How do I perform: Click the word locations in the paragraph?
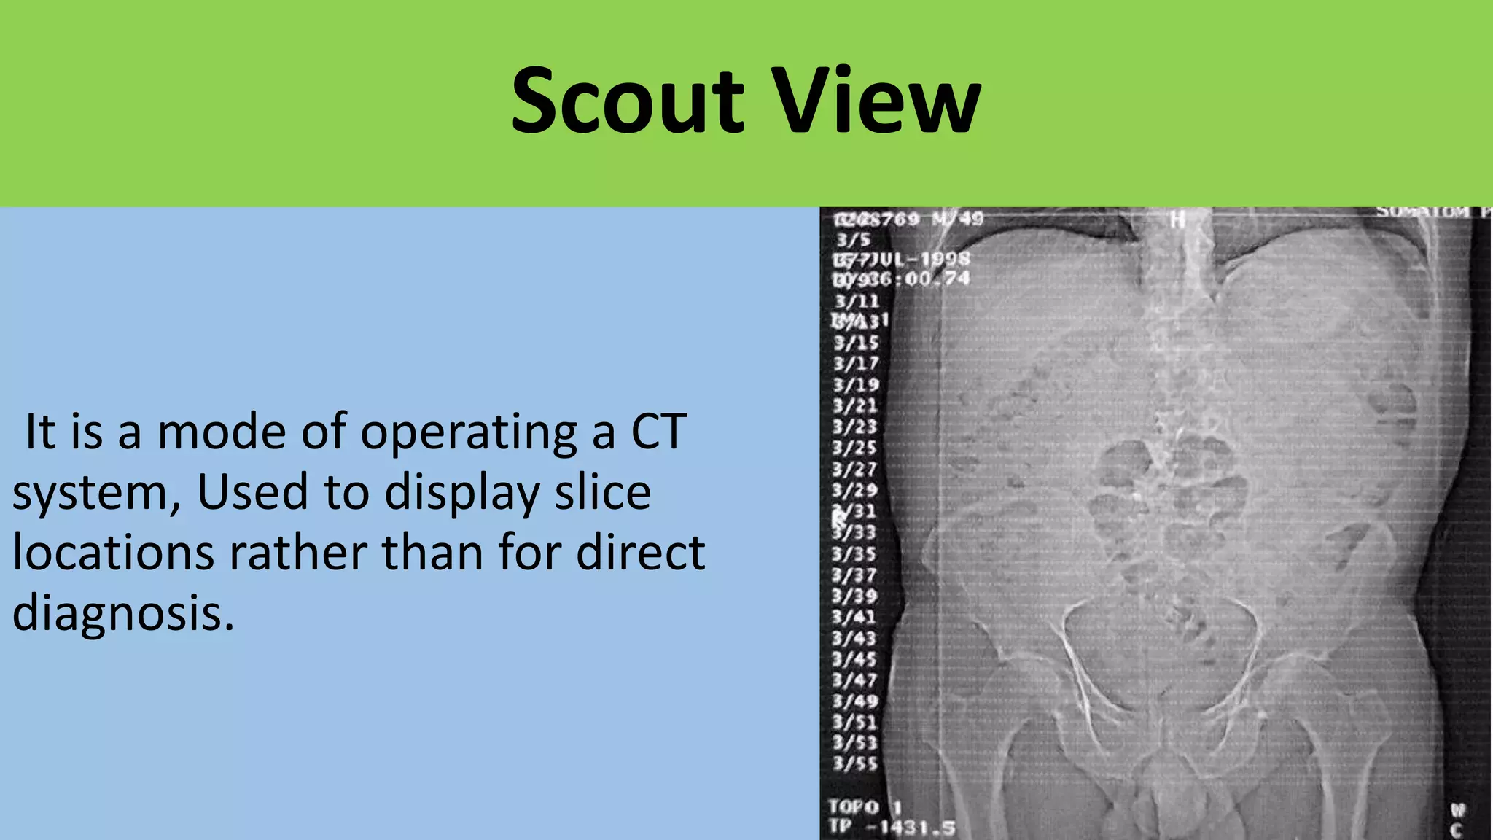point(113,552)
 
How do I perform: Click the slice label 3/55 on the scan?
point(855,764)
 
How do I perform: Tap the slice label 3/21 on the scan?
point(855,405)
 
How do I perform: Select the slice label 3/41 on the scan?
point(854,617)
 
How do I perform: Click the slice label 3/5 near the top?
point(853,239)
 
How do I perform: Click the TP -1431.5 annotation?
point(891,828)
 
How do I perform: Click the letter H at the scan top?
point(1177,218)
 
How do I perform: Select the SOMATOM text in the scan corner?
point(1422,212)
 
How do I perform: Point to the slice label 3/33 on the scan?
point(854,532)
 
